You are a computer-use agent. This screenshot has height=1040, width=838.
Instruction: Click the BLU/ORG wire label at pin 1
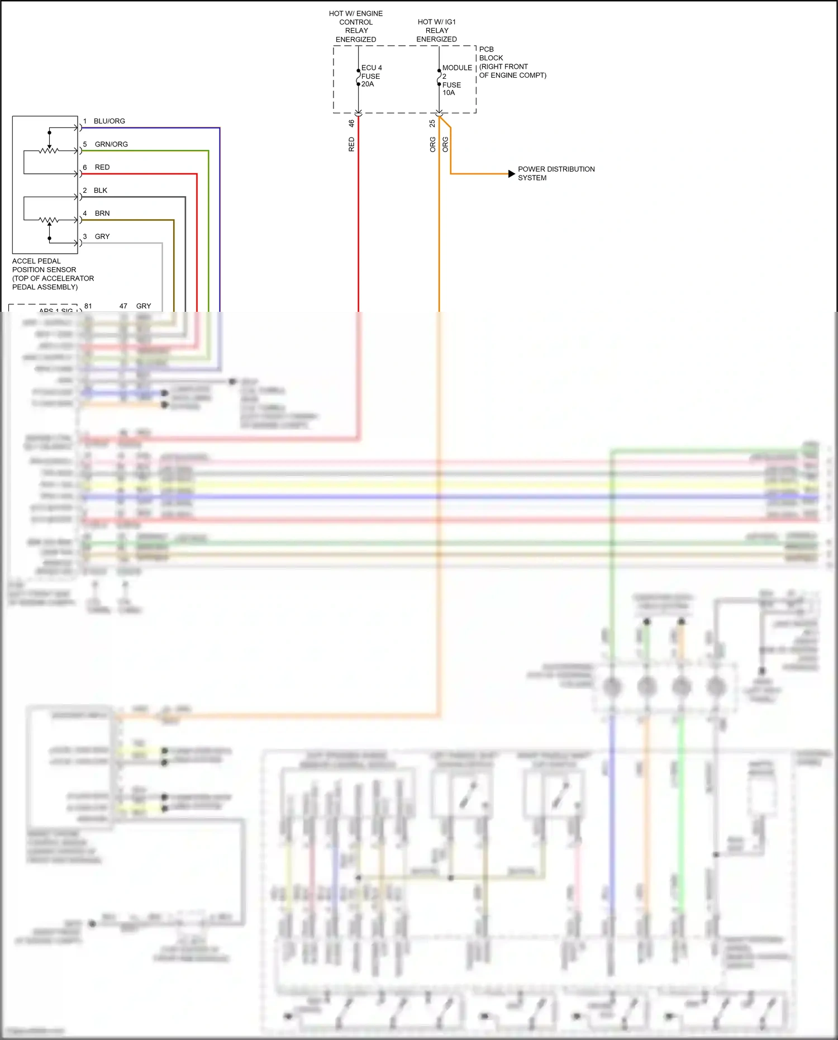coord(109,121)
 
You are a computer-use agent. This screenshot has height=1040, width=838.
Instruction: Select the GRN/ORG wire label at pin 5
coord(111,144)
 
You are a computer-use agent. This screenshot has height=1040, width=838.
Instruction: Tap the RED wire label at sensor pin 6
coord(102,167)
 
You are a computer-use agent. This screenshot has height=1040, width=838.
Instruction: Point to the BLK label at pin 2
coord(101,191)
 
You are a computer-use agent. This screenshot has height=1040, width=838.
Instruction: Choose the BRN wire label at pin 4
coord(102,213)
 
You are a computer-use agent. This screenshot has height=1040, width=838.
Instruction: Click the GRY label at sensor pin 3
coord(102,236)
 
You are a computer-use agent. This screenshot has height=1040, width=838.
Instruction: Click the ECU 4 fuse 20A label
coord(371,76)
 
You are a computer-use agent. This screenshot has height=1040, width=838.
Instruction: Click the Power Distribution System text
coord(555,173)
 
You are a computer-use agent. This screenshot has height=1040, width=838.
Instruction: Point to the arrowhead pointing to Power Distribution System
coord(511,174)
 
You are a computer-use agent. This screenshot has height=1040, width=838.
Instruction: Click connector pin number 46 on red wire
coord(351,123)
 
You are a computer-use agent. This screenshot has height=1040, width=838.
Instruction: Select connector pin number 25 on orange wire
coord(432,123)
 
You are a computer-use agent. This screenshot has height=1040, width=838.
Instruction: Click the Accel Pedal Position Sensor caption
coord(53,274)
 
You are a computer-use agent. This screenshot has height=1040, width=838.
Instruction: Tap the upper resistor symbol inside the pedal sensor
coord(49,150)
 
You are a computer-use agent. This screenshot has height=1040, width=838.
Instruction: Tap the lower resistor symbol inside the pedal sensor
coord(49,220)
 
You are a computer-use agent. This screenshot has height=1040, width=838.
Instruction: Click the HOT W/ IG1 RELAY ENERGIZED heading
coord(437,31)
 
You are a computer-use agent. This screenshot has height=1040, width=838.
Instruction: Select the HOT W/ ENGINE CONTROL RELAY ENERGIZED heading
coord(356,26)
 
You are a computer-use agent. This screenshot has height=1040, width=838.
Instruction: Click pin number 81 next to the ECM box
coord(88,306)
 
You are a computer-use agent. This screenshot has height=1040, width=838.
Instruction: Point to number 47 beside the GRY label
coord(123,306)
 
